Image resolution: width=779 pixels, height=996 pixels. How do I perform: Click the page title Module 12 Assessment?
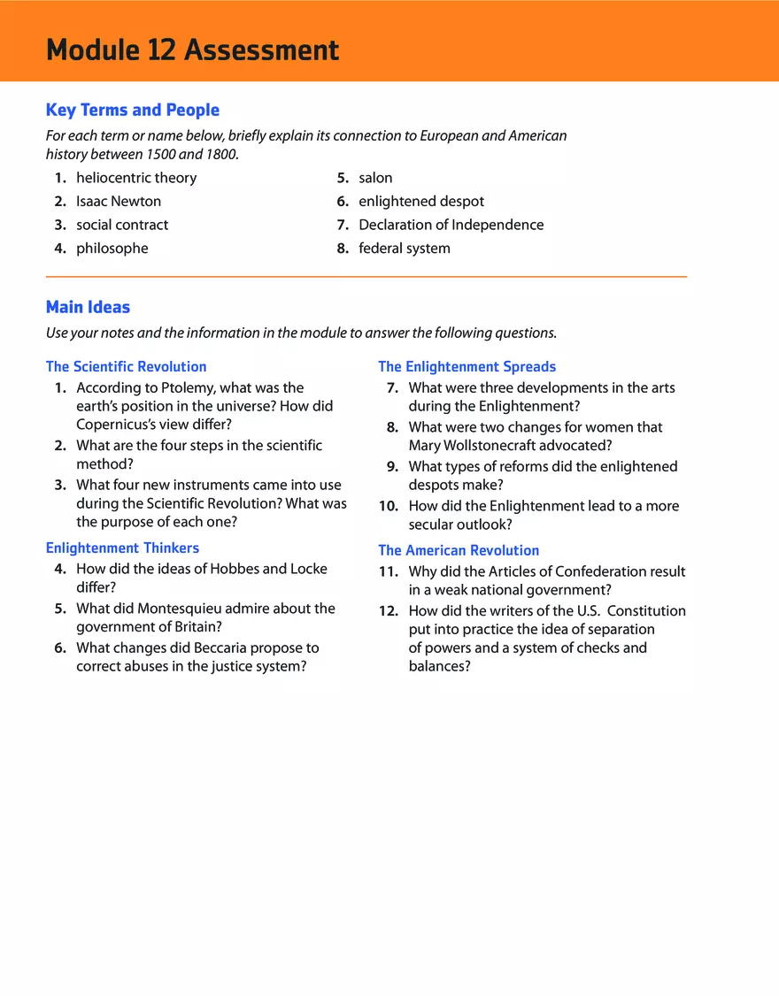click(192, 50)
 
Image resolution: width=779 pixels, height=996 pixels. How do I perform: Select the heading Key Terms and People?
click(133, 111)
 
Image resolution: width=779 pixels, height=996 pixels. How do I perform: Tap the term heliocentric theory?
click(136, 178)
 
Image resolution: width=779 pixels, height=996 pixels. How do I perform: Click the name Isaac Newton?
click(119, 202)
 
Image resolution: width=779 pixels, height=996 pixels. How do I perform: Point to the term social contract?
click(122, 225)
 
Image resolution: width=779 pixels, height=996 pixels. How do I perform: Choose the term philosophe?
click(112, 249)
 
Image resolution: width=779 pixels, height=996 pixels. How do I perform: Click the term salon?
click(375, 178)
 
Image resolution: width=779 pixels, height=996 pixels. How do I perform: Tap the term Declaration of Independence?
click(451, 225)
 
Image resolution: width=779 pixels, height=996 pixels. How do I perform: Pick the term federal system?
click(405, 249)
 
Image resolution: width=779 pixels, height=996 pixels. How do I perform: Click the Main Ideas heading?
click(88, 308)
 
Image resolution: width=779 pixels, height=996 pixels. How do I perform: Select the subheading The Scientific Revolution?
click(126, 366)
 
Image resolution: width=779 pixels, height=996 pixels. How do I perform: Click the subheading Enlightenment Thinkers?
click(122, 548)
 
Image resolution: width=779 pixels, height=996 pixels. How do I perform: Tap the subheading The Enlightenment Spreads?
click(467, 366)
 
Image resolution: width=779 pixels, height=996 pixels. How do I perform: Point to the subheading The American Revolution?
click(459, 550)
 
